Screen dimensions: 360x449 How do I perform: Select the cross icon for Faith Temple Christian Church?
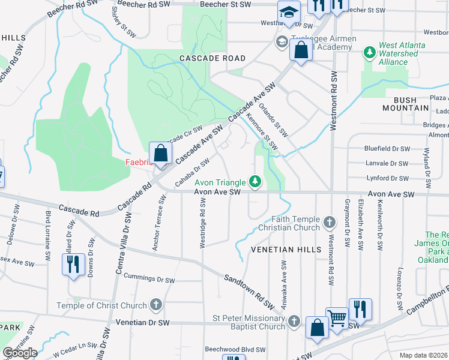329,223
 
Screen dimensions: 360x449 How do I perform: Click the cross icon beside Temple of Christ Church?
156,305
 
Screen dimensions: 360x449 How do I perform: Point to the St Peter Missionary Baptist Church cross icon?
294,322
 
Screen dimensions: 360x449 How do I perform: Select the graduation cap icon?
289,11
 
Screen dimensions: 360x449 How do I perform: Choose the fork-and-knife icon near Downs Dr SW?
73,264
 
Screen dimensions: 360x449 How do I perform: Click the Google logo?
20,353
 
